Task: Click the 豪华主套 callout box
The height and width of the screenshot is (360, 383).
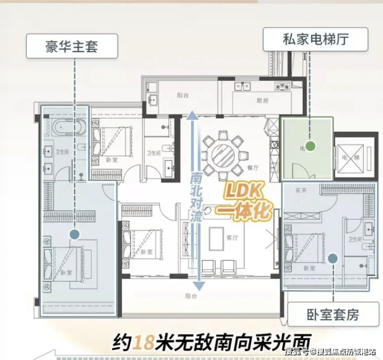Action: (x=71, y=48)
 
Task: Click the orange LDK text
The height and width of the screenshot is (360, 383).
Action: (x=244, y=193)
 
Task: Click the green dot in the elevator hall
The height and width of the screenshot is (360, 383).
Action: (x=310, y=146)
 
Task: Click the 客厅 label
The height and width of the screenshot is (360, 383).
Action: (x=232, y=238)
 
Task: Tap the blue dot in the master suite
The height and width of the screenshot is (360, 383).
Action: (x=75, y=234)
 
